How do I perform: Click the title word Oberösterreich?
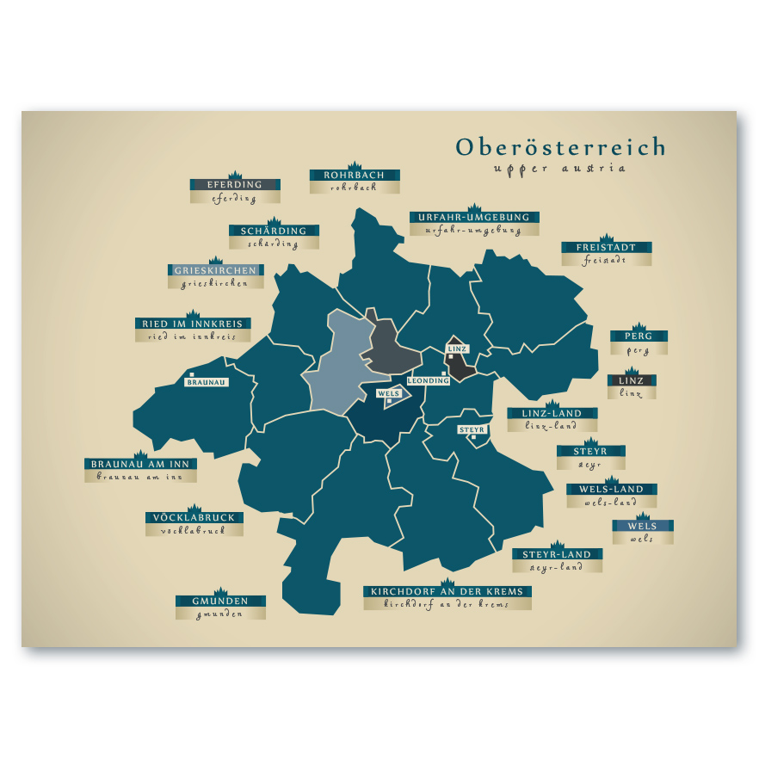point(560,147)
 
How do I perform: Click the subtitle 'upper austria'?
point(560,169)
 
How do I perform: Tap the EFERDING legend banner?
point(234,185)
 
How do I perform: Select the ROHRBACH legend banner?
point(355,176)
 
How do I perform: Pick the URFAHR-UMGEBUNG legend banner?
point(474,218)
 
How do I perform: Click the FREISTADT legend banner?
point(606,248)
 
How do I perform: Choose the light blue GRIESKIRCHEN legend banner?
point(215,270)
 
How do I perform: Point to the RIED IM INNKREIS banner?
point(193,324)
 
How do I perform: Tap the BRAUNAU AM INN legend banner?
point(140,464)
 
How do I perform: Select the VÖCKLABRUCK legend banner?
point(194,518)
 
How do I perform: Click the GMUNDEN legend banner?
point(220,601)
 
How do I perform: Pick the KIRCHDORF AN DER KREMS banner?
point(447,592)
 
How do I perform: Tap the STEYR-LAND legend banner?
point(557,555)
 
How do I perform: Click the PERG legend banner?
point(638,336)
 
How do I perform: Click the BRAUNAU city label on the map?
point(207,381)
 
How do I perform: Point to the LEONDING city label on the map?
point(428,380)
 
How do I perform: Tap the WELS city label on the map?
point(389,393)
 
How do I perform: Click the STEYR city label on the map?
point(472,429)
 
